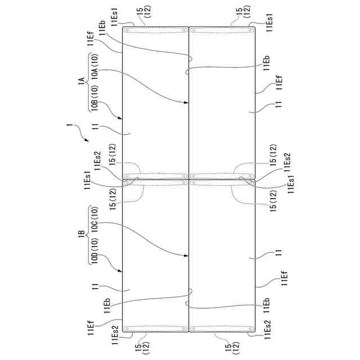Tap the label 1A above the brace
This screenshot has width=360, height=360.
(x=81, y=82)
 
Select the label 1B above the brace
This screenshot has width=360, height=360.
(x=81, y=235)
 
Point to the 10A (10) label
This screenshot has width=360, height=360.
(x=95, y=66)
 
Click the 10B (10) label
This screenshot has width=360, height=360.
(x=95, y=98)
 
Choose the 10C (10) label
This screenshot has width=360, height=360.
(x=95, y=220)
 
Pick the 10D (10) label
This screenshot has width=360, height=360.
(x=95, y=251)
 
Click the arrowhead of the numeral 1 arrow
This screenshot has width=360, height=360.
(x=87, y=139)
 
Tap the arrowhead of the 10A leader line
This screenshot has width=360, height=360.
(x=186, y=102)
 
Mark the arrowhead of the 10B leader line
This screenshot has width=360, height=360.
(x=120, y=118)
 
